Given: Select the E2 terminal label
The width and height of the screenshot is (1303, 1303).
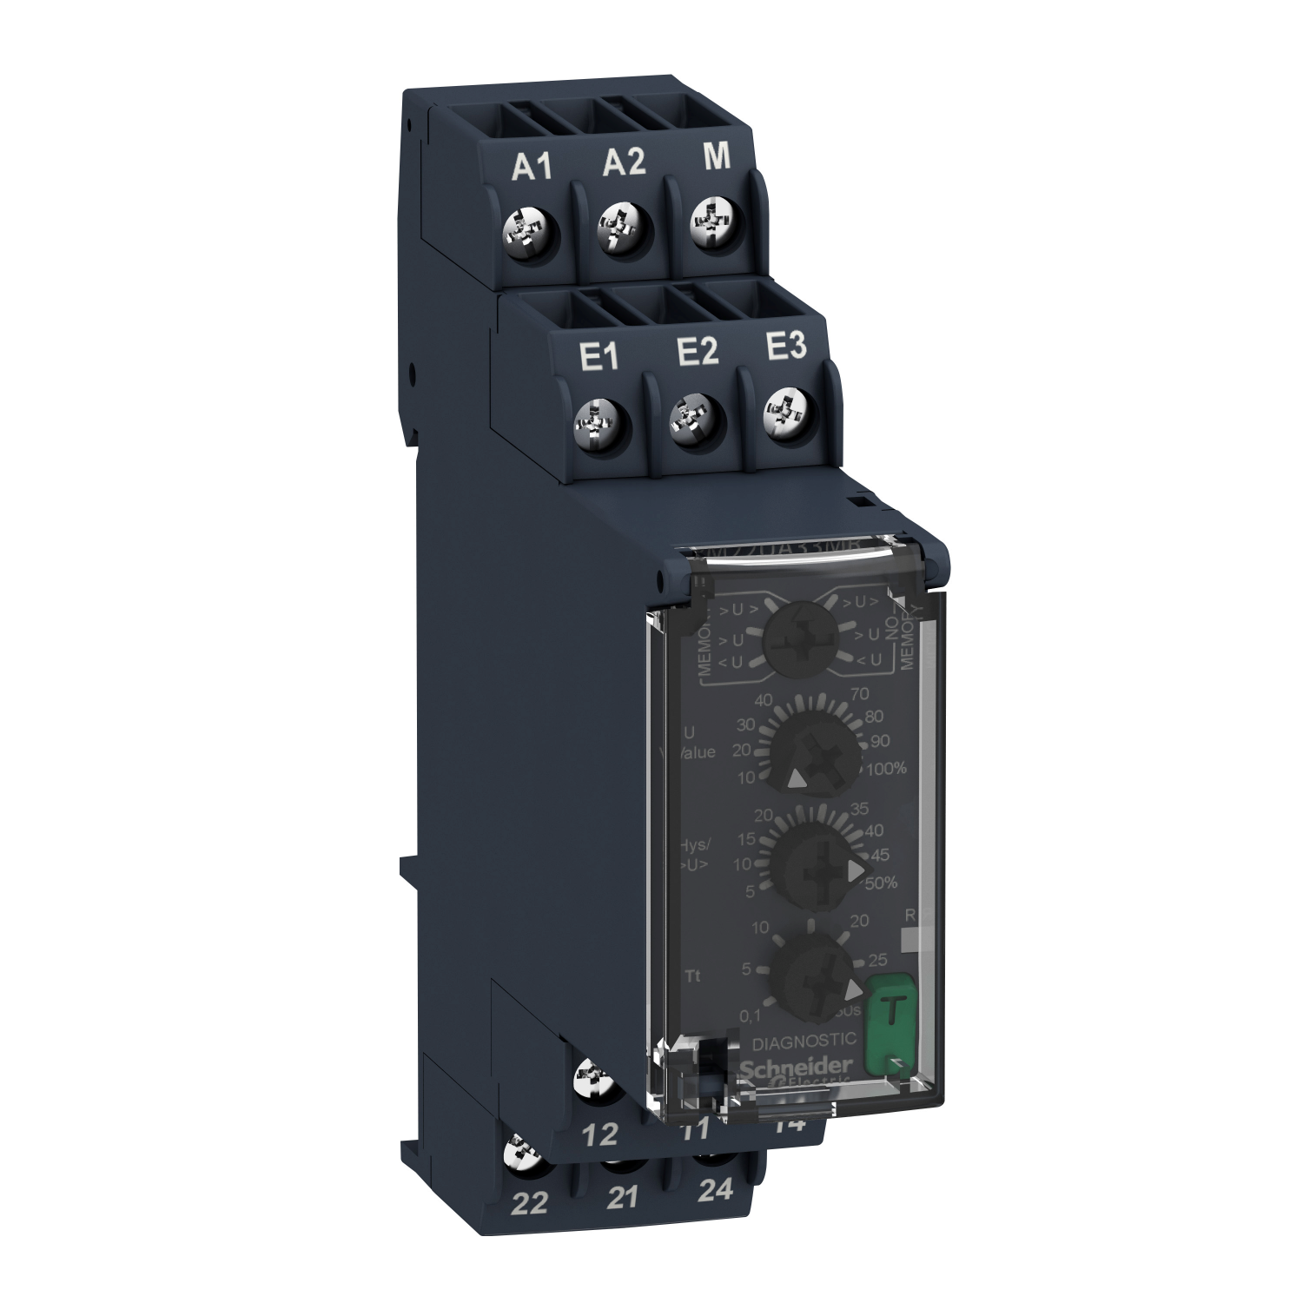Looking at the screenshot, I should click(697, 352).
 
